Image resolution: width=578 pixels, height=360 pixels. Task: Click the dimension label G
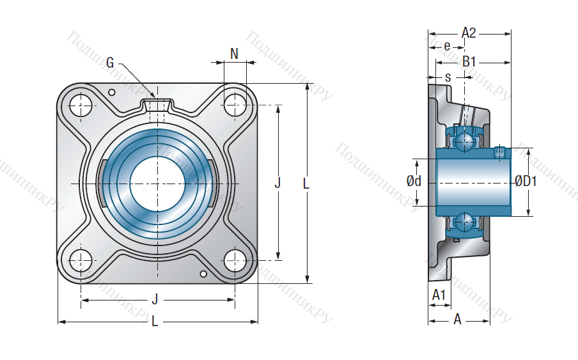click(x=110, y=62)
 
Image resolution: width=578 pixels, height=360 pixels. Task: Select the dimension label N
click(x=234, y=54)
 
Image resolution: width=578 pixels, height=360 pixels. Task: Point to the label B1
click(x=469, y=61)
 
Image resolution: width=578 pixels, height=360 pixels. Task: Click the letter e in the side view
click(x=447, y=47)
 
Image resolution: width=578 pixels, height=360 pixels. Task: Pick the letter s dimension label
click(x=448, y=77)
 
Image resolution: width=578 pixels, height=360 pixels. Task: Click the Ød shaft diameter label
click(x=414, y=181)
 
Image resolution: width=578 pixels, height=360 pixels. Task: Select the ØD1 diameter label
click(x=526, y=181)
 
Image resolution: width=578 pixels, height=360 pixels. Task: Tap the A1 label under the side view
click(x=439, y=295)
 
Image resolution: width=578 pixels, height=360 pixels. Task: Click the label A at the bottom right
click(x=457, y=318)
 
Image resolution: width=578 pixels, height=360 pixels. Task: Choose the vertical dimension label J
click(x=277, y=183)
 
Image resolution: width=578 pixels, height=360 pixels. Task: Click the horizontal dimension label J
click(x=155, y=299)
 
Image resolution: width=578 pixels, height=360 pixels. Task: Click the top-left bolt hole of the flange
click(x=81, y=106)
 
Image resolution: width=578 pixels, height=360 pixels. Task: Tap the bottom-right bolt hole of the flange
click(x=235, y=260)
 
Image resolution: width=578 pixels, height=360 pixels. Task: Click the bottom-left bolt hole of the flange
click(x=81, y=260)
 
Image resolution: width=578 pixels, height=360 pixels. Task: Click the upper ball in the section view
click(x=465, y=141)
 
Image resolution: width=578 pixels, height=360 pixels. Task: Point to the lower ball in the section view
click(x=465, y=223)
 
